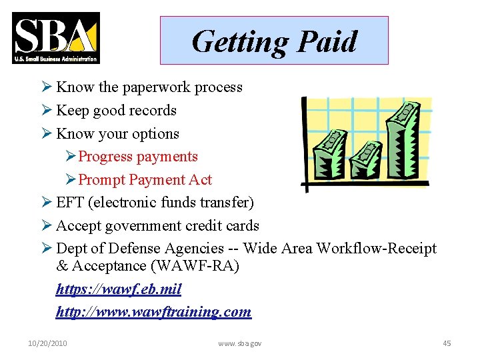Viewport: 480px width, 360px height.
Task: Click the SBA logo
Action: (x=56, y=38)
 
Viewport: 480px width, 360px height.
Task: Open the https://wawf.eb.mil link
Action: (x=119, y=289)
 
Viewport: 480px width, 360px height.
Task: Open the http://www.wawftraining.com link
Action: (x=153, y=311)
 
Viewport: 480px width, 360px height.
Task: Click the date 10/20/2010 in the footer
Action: (x=47, y=343)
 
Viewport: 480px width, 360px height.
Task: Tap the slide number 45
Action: (x=447, y=343)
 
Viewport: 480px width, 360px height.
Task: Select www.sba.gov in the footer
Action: (x=240, y=343)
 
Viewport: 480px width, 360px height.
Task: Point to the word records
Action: (x=154, y=111)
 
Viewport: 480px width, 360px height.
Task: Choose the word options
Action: (x=155, y=134)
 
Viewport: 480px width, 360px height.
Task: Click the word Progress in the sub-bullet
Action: (x=105, y=157)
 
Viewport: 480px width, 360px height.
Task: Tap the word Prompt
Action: (x=102, y=180)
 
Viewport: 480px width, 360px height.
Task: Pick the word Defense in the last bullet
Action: (x=135, y=249)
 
